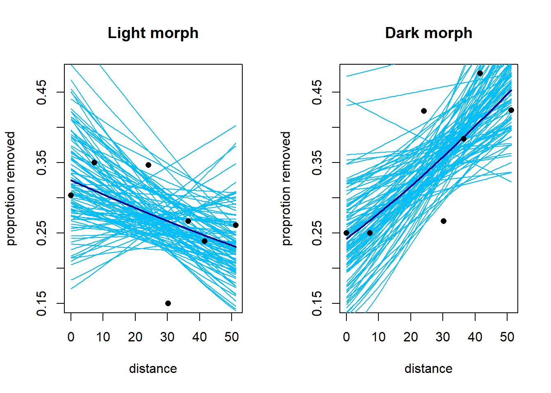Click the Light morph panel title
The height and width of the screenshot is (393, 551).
click(x=153, y=33)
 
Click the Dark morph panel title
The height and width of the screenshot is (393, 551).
click(x=428, y=33)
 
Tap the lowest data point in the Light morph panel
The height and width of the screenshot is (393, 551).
click(x=168, y=303)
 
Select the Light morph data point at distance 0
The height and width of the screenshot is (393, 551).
click(x=71, y=195)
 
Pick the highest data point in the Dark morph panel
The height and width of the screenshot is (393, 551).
click(x=480, y=73)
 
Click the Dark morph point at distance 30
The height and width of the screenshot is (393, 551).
click(x=444, y=221)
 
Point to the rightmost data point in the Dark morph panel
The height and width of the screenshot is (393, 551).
click(x=511, y=110)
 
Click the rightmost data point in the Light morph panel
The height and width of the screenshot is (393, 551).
click(x=236, y=225)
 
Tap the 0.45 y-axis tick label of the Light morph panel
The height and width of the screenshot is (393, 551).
click(x=42, y=92)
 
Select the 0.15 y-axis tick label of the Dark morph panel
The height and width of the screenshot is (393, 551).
click(x=317, y=303)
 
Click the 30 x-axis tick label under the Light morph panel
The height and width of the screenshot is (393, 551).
click(x=167, y=337)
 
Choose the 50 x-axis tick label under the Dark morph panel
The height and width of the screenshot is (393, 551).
click(x=507, y=337)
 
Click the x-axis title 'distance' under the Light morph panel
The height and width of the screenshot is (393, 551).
click(x=153, y=369)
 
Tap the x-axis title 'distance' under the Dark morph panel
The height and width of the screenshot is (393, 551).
click(x=428, y=369)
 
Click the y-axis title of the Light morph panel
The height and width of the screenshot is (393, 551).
click(x=11, y=188)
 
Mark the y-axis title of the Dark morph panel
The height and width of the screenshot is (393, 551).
click(x=287, y=188)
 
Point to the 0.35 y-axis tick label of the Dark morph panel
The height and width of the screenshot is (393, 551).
click(x=317, y=163)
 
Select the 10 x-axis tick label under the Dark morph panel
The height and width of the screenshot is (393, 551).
click(x=378, y=337)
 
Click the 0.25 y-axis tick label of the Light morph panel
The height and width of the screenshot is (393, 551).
click(x=42, y=233)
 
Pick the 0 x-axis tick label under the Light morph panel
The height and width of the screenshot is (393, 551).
click(x=71, y=337)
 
